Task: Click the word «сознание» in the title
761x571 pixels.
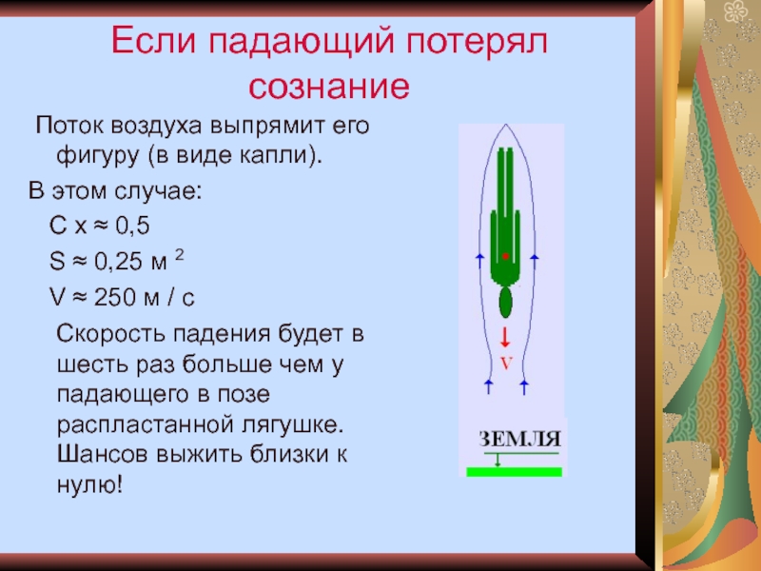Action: tap(329, 87)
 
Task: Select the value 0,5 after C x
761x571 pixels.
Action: tap(132, 226)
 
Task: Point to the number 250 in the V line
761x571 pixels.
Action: tap(115, 297)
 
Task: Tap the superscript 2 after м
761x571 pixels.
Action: tap(179, 255)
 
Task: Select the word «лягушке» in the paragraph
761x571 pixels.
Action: tap(292, 425)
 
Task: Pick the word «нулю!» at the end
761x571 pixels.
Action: tap(89, 484)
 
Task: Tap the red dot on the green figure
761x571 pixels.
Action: tap(505, 256)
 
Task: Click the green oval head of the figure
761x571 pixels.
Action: tap(506, 302)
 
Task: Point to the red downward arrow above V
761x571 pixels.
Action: tap(505, 338)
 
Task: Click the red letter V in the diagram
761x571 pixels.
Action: tap(506, 364)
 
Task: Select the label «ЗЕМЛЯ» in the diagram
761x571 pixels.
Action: tap(519, 439)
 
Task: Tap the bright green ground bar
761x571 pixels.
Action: tap(515, 471)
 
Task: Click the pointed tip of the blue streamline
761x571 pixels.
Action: tap(506, 125)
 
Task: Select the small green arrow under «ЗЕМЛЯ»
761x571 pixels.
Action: tap(497, 460)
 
